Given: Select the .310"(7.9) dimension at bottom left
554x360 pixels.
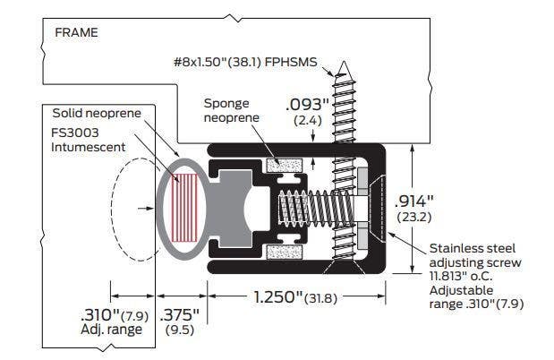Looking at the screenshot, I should pyautogui.click(x=121, y=314).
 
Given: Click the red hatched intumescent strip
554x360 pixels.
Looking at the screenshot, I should pyautogui.click(x=186, y=205).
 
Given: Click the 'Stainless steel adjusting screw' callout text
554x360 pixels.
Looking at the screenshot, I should pyautogui.click(x=474, y=254).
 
